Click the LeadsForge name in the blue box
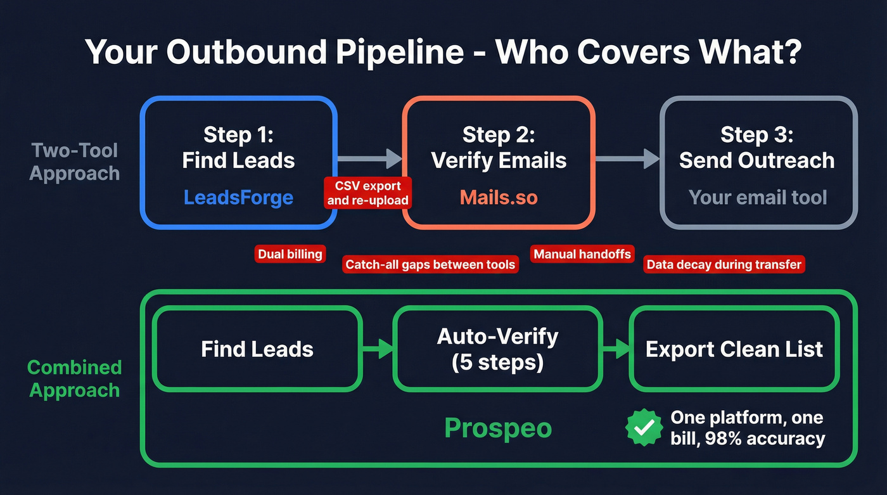click(x=238, y=197)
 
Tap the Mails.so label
click(x=499, y=197)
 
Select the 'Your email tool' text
click(x=758, y=197)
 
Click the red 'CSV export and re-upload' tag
click(x=368, y=193)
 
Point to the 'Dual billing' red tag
click(x=290, y=254)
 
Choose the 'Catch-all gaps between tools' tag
click(x=430, y=264)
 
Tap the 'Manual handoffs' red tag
click(x=582, y=254)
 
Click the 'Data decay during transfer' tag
click(x=724, y=264)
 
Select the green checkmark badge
click(x=644, y=428)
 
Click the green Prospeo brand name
click(x=498, y=428)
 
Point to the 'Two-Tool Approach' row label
click(x=75, y=162)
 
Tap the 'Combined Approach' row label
click(x=75, y=378)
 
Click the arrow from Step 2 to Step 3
click(x=627, y=159)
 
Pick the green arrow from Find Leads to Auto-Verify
click(x=378, y=349)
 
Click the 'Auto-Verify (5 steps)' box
click(x=497, y=349)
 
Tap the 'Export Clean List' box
click(x=734, y=349)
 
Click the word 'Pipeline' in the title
click(x=378, y=52)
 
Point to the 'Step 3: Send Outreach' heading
click(x=757, y=148)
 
